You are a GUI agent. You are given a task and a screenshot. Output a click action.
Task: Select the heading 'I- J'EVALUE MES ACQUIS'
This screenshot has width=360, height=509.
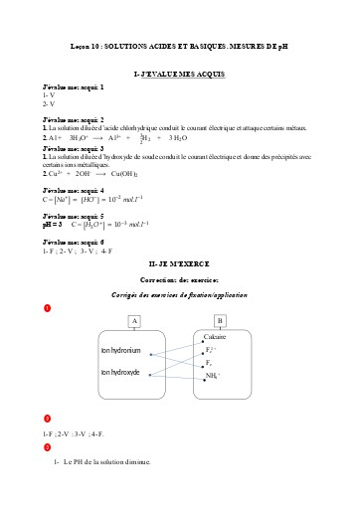[179, 75]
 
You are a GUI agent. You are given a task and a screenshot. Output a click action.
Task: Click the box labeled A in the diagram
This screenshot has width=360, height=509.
[135, 320]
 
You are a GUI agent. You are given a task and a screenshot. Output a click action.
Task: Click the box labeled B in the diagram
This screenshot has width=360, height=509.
[221, 320]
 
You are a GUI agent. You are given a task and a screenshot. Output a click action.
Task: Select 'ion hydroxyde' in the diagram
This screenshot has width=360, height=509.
[122, 372]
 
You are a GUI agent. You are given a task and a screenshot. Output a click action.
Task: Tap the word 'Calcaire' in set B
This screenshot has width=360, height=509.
[216, 338]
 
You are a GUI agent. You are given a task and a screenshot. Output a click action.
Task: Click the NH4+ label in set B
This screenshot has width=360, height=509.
[212, 376]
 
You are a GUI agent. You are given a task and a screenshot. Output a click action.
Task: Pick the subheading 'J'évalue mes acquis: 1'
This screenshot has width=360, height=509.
[73, 88]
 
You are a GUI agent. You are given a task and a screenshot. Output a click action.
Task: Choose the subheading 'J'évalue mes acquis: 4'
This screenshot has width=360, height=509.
[73, 189]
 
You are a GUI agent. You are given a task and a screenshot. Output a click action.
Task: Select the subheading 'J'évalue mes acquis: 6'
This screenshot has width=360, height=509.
[73, 242]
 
